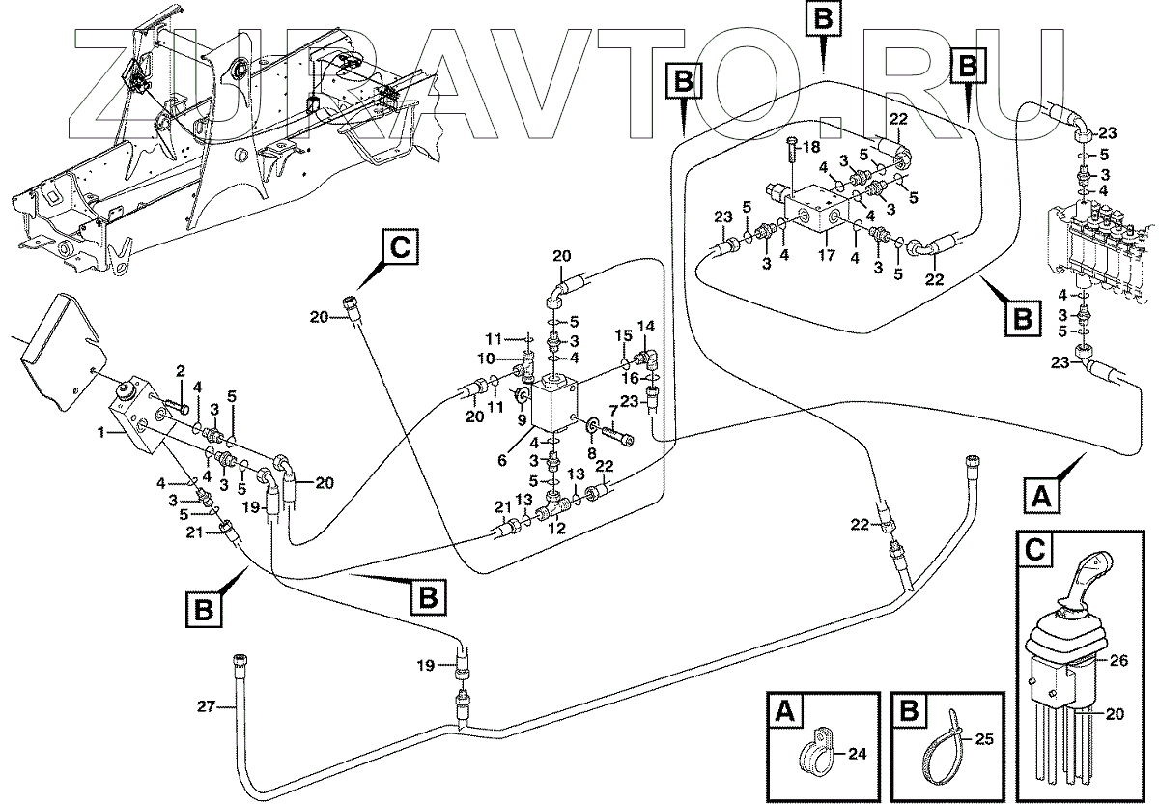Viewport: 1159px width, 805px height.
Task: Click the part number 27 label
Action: [x=206, y=706]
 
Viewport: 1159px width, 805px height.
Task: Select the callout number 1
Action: [x=102, y=432]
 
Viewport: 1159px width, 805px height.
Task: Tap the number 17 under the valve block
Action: [x=827, y=255]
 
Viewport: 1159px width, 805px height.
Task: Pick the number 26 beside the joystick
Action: [x=1118, y=661]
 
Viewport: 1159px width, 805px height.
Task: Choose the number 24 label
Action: [x=857, y=754]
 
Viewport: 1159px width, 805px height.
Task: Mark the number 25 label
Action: [x=983, y=739]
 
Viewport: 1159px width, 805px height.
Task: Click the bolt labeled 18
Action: [x=791, y=164]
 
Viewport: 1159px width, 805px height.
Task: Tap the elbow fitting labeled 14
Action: [x=647, y=358]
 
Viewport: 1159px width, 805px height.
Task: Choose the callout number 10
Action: [x=487, y=359]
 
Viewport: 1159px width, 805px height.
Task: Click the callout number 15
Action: [x=624, y=335]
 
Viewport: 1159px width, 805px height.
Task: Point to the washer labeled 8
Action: [x=590, y=427]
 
